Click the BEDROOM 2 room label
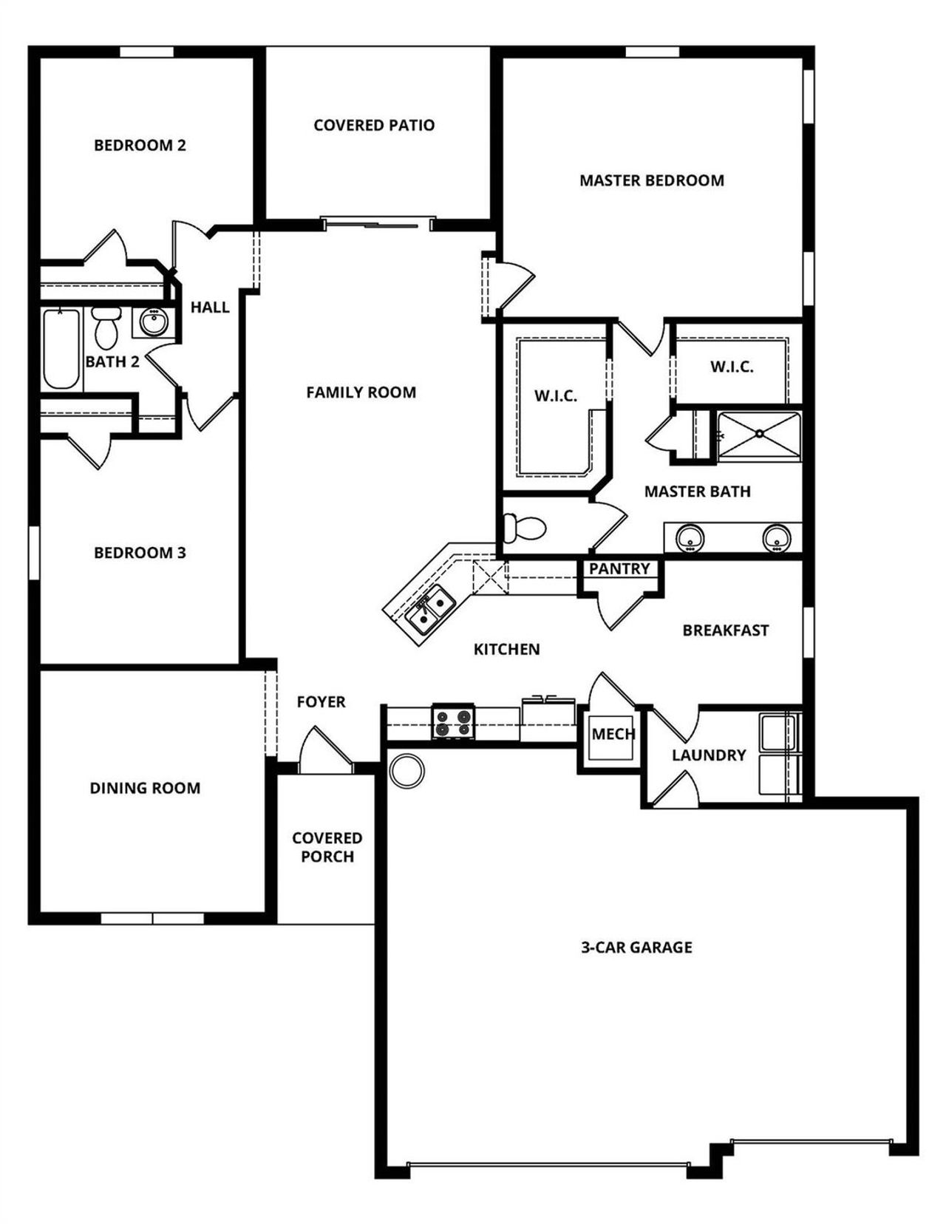click(x=140, y=145)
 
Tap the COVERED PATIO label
click(x=374, y=125)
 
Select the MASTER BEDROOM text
click(x=651, y=180)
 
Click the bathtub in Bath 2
click(x=61, y=349)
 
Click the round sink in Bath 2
click(x=154, y=322)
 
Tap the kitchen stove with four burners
click(x=453, y=722)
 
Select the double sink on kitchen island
click(x=432, y=609)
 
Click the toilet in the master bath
click(x=524, y=528)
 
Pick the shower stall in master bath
click(x=759, y=436)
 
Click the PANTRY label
click(x=619, y=569)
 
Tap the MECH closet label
click(x=613, y=734)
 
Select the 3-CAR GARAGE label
click(x=636, y=947)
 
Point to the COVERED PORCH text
click(x=327, y=847)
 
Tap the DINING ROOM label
click(x=145, y=788)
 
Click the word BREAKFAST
click(x=725, y=630)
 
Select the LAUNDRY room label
click(x=708, y=755)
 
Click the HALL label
click(x=210, y=307)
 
